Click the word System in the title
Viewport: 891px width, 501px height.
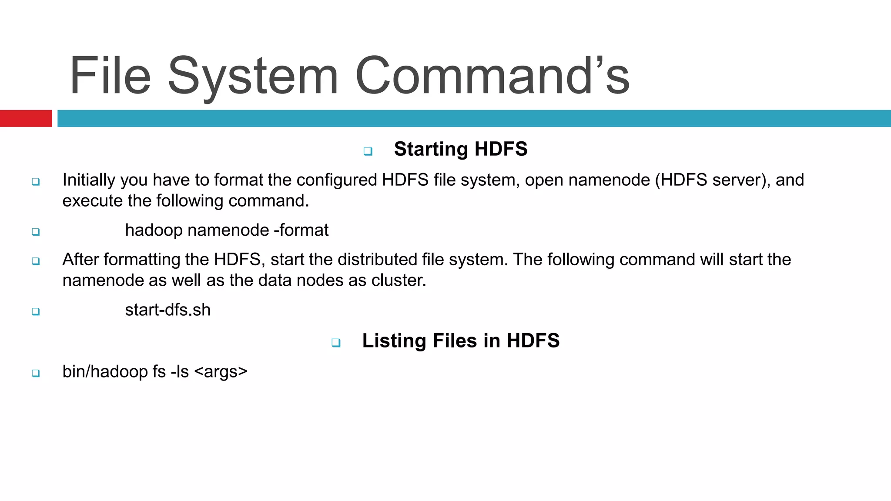(253, 76)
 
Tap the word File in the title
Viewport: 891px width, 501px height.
(110, 76)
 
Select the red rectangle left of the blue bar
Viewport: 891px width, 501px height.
(26, 118)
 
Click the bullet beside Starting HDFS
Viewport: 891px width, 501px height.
(368, 151)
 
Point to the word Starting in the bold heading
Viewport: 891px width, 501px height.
(431, 149)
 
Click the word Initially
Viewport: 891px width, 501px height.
(89, 180)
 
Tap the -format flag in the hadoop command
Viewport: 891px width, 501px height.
(301, 230)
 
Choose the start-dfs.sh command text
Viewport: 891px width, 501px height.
(167, 310)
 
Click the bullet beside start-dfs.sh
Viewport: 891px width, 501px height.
(36, 311)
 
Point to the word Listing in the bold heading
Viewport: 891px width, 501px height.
(394, 341)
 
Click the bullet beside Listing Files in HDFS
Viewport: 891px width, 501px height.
(336, 343)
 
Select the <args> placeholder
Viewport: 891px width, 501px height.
(221, 372)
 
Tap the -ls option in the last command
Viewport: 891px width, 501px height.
(180, 372)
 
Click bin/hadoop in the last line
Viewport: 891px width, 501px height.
(105, 372)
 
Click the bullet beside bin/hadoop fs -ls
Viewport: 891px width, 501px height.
(36, 373)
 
